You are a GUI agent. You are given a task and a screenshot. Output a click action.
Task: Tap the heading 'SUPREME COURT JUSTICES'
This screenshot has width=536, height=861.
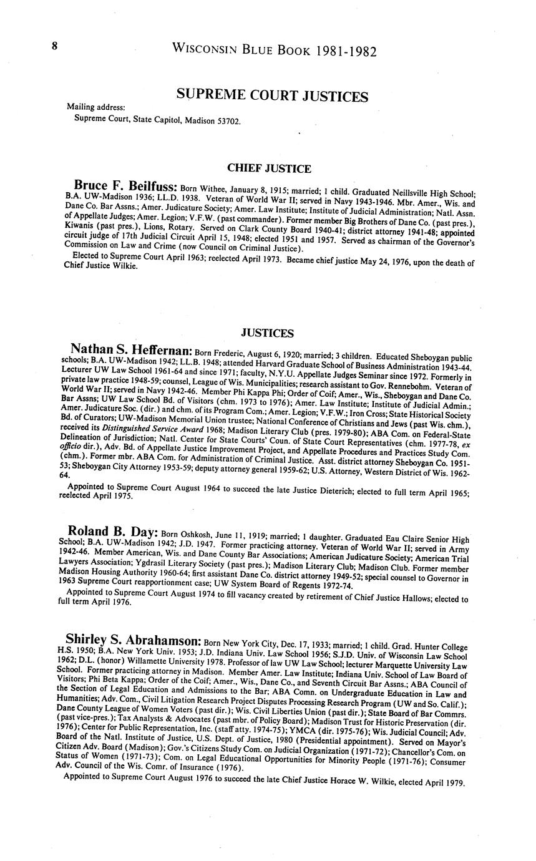coord(272,96)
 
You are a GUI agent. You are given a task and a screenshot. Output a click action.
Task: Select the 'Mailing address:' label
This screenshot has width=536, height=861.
coord(95,107)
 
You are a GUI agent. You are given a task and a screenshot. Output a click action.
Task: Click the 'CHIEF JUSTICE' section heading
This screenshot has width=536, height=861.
coord(269,168)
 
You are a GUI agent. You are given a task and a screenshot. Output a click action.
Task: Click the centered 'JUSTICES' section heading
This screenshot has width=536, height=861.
coord(267,333)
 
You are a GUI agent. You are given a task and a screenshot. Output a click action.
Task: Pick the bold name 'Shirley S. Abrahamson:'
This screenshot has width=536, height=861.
coord(133,641)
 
